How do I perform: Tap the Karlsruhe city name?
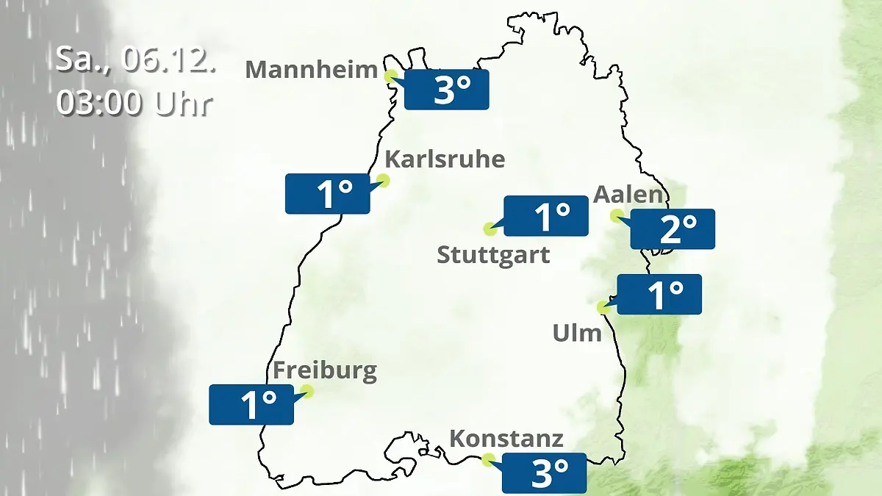(x=445, y=159)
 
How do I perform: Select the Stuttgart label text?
(x=492, y=255)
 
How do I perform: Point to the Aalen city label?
(x=628, y=195)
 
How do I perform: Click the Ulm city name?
(x=577, y=333)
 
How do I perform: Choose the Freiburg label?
(x=324, y=370)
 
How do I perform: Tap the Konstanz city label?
(x=506, y=439)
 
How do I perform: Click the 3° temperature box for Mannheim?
(x=446, y=90)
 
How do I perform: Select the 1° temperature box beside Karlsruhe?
(x=327, y=194)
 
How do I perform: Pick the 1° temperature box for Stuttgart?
(x=545, y=216)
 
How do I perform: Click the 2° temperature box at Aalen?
(x=673, y=229)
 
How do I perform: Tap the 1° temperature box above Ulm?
(x=659, y=294)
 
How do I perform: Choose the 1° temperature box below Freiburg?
(x=251, y=404)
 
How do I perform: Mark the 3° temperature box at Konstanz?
(x=544, y=472)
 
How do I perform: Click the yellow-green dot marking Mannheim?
(x=391, y=75)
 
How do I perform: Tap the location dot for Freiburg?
(x=307, y=391)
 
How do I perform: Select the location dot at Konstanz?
(x=488, y=460)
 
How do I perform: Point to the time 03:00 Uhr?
(x=135, y=104)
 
